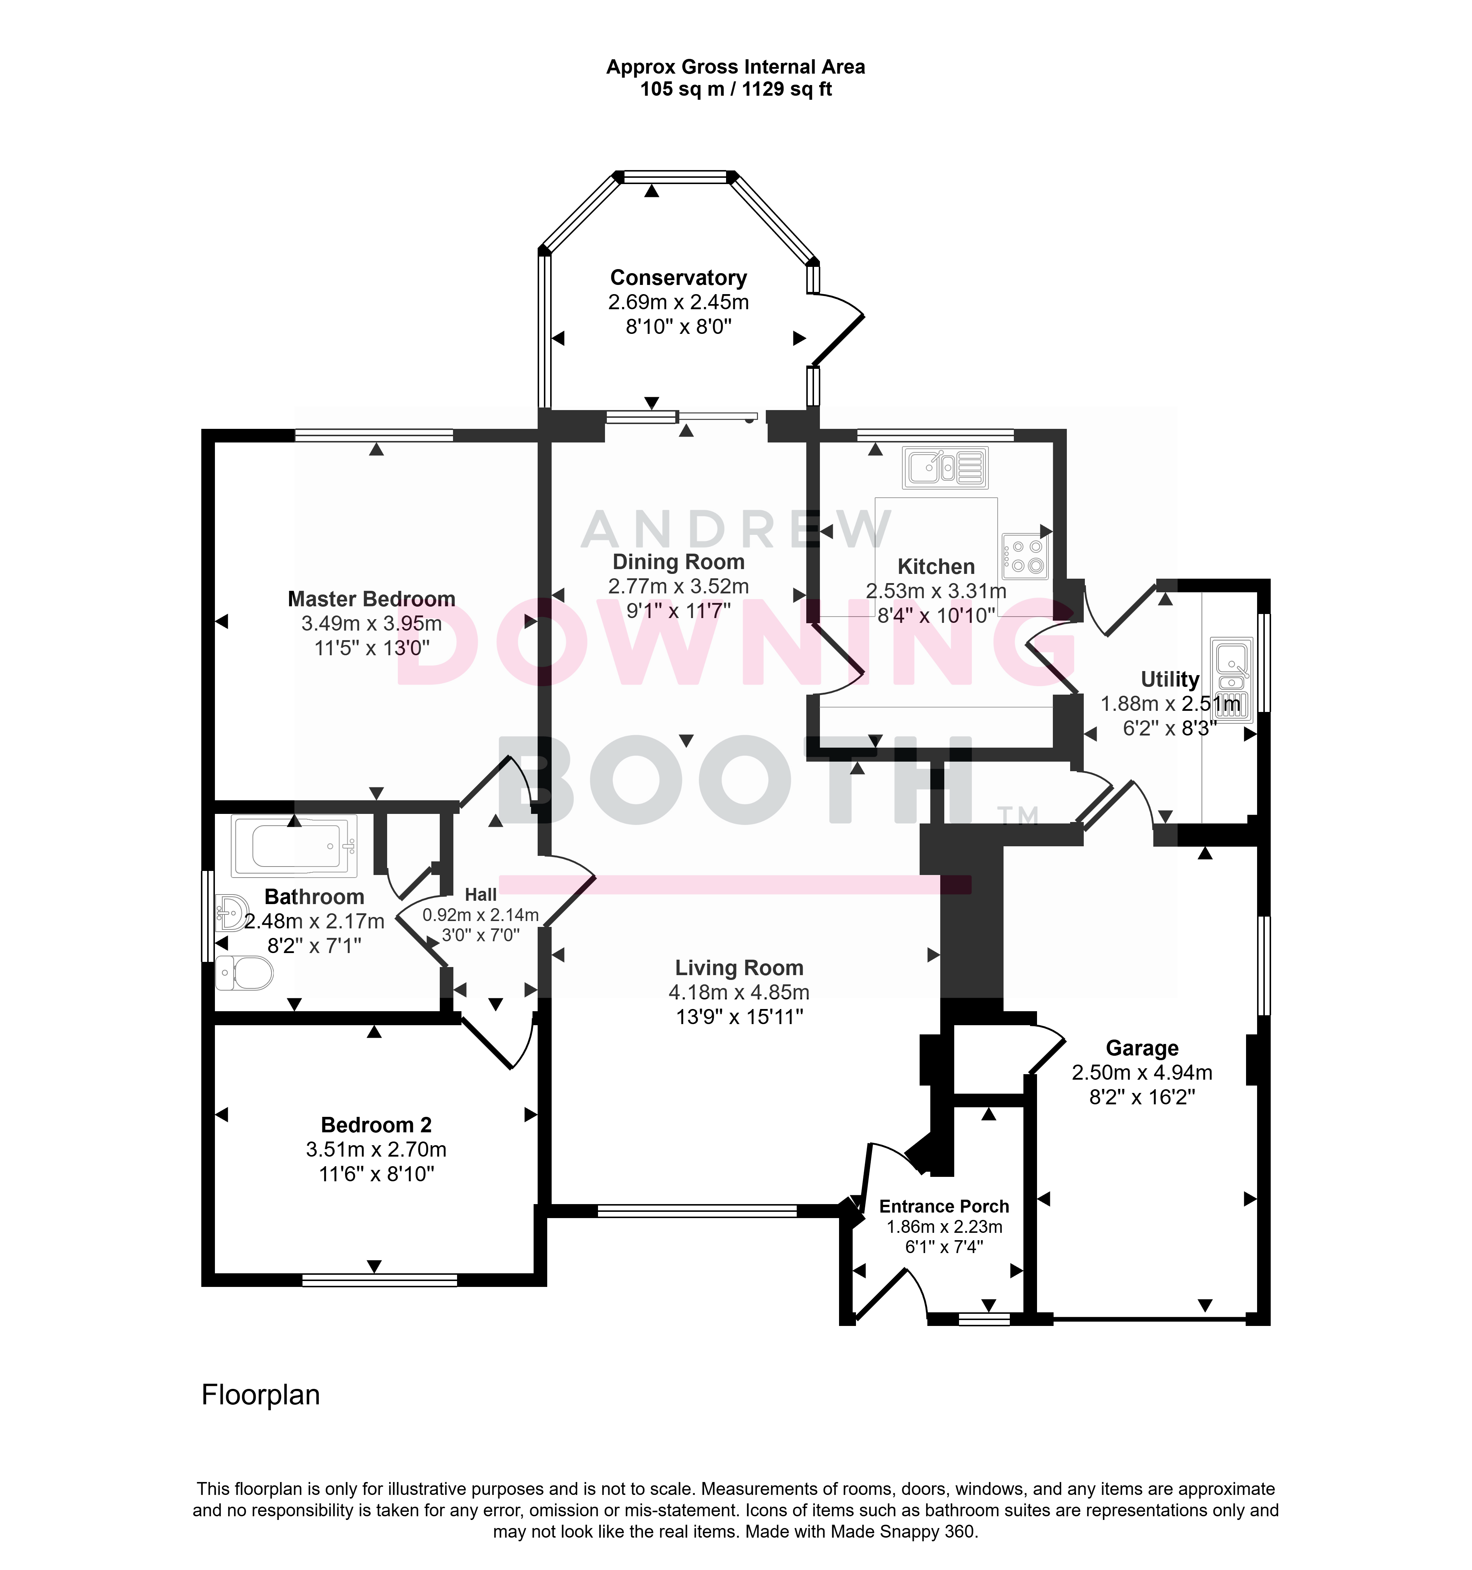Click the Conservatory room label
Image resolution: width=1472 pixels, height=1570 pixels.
678,278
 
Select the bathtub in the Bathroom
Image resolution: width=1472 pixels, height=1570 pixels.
294,846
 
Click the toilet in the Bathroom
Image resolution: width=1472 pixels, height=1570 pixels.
244,972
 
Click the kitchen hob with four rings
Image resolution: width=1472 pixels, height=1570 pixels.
1025,556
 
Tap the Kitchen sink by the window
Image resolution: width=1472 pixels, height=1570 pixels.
945,468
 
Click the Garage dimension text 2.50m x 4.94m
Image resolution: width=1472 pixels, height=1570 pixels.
1142,1072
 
